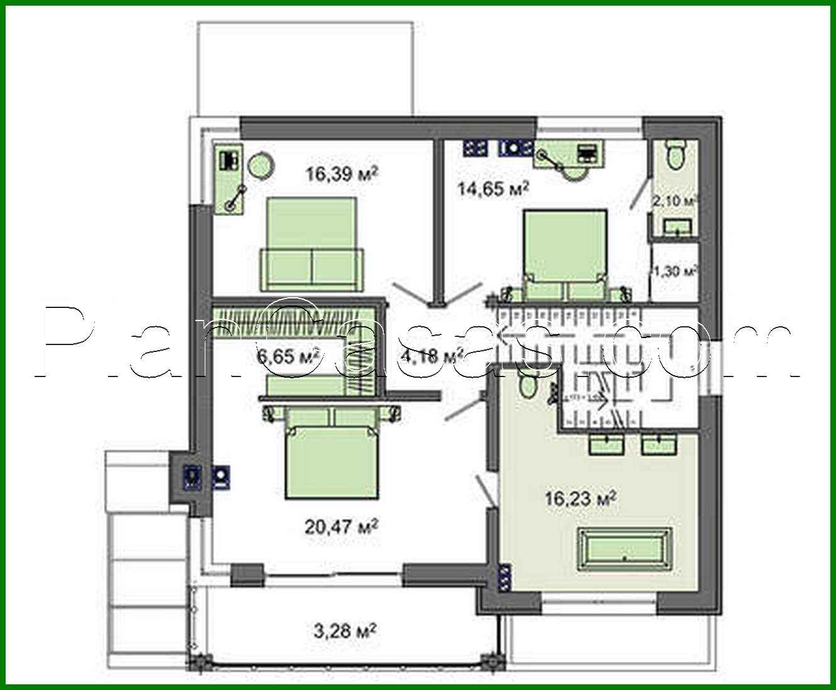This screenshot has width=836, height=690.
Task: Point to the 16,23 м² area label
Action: (x=580, y=499)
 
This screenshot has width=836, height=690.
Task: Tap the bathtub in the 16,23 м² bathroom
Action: (x=624, y=549)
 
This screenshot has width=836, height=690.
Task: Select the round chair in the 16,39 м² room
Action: (x=261, y=166)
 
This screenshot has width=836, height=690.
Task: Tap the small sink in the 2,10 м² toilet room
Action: (x=676, y=226)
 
